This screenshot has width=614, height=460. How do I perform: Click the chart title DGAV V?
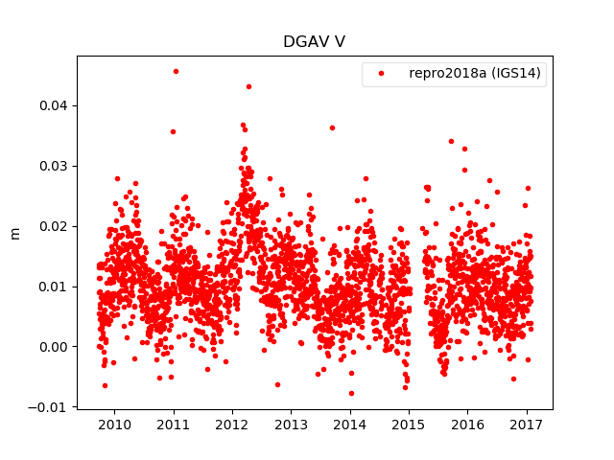(x=313, y=42)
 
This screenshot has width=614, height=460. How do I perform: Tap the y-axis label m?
(x=14, y=233)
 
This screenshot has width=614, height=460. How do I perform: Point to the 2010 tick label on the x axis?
(x=114, y=425)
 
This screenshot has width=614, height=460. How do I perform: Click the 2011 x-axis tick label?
(x=173, y=425)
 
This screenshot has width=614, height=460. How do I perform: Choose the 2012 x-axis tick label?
(x=232, y=425)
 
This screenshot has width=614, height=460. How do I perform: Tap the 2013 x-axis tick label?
(x=291, y=425)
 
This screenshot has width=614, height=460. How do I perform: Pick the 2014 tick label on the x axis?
(x=349, y=425)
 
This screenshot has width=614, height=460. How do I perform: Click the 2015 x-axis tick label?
(x=408, y=425)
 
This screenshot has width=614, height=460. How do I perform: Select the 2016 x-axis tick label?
(x=467, y=425)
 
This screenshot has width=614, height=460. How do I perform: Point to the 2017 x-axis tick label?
(x=526, y=425)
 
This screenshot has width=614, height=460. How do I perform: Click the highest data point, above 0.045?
(x=176, y=71)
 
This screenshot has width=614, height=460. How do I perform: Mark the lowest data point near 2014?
(x=351, y=393)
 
